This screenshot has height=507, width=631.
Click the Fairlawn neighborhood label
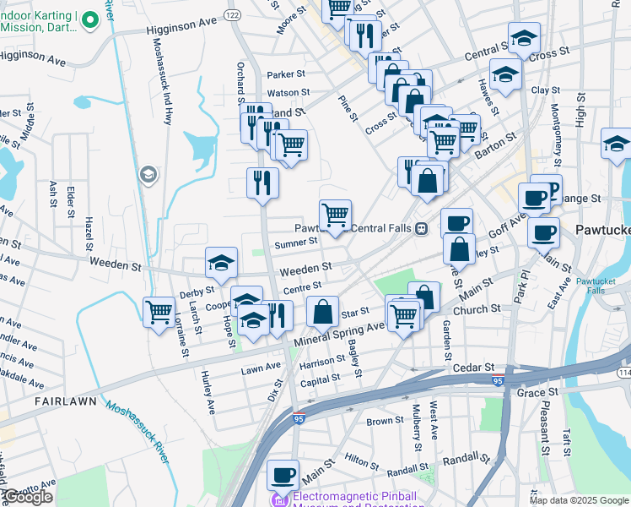pos(63,403)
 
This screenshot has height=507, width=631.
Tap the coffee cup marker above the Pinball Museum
pos(283,475)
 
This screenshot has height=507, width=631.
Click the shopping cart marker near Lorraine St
pos(159,313)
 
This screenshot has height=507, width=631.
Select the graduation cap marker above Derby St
pos(221,264)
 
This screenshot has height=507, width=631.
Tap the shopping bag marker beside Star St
pos(323,312)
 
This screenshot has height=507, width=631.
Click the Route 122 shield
pos(234,16)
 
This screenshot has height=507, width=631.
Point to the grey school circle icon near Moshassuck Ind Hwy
pos(148,174)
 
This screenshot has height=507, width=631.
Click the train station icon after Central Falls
pos(420,228)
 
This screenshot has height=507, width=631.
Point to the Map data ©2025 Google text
pos(579,500)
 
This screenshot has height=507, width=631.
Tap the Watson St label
pos(289,92)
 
